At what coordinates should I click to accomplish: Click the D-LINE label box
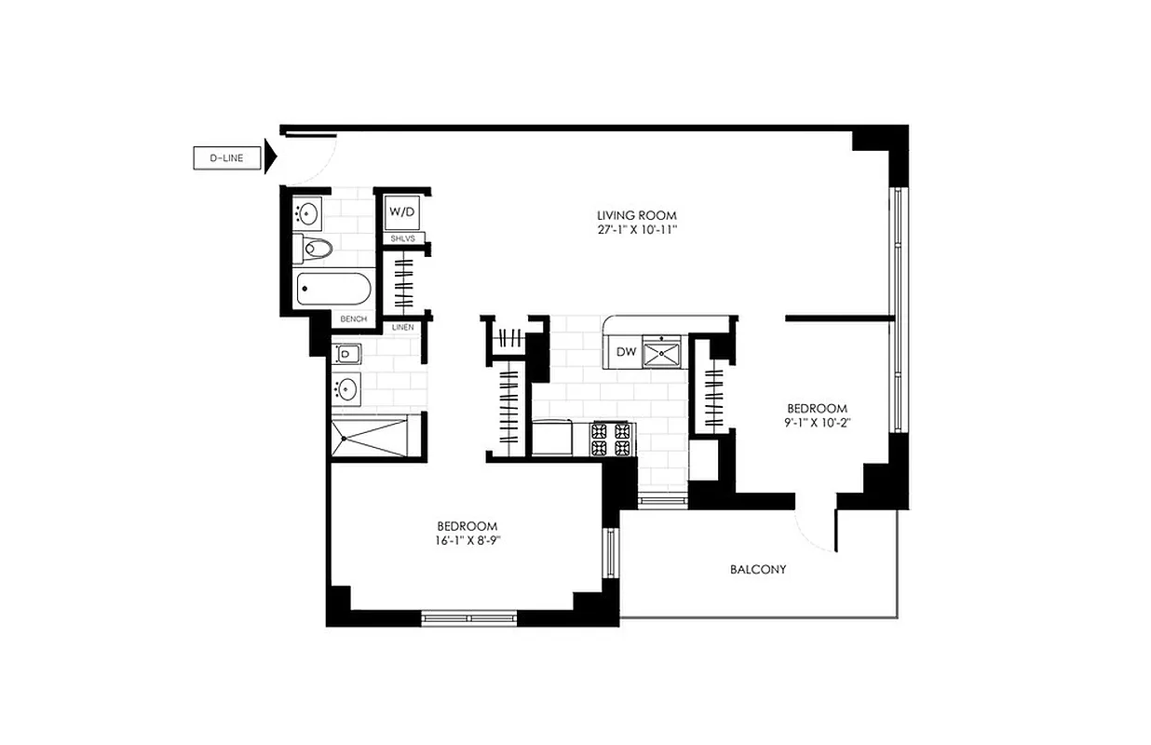[x=226, y=158]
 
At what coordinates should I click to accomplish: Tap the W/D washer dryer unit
[x=402, y=213]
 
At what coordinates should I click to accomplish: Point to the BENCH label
[x=353, y=319]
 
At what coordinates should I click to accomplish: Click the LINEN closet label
[x=402, y=327]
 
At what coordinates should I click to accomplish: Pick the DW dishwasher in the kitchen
[x=626, y=352]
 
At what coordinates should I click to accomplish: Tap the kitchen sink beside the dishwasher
[x=665, y=352]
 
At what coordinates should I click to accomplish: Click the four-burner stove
[x=612, y=439]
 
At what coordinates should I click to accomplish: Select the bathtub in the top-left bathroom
[x=334, y=289]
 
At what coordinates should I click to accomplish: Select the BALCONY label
[x=758, y=569]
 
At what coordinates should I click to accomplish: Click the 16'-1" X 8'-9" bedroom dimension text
[x=467, y=540]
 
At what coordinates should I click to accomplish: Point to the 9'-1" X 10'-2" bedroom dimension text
[x=818, y=423]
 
